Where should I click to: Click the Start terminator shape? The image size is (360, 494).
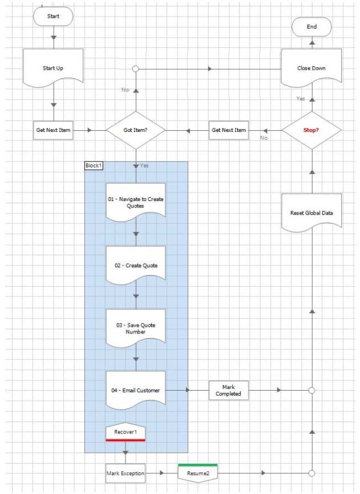53,17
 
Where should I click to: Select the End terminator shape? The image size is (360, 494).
312,26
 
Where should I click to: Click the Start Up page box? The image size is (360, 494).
53,68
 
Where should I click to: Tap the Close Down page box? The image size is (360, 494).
312,68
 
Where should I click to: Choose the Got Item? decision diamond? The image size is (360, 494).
136,130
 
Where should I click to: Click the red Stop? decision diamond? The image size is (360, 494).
312,130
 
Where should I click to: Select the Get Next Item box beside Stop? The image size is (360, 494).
229,130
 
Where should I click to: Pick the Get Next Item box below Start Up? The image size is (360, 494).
53,130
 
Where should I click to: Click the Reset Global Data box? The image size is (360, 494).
312,212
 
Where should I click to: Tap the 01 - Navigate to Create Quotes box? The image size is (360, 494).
136,202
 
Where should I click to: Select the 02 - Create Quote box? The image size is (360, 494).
136,265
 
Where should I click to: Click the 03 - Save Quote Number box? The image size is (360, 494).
136,328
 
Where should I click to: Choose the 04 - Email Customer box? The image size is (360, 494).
136,390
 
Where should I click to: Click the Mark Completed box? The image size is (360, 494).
229,390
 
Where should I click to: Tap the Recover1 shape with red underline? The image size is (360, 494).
125,432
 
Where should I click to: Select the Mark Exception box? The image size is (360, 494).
126,473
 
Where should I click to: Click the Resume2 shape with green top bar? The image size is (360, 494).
197,473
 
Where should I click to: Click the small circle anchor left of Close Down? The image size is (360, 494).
136,69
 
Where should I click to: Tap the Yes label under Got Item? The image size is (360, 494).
144,165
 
